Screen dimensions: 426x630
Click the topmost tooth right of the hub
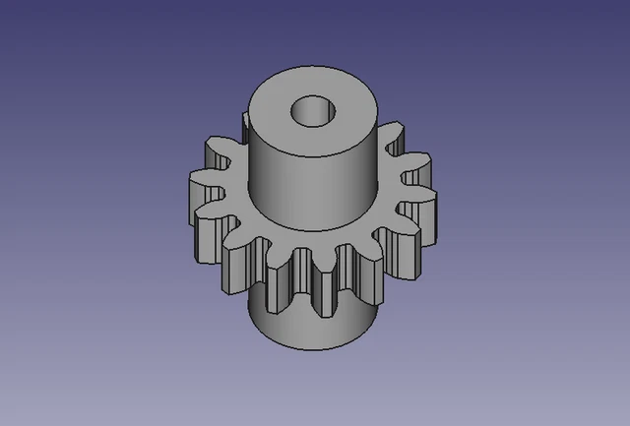[395, 134]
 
